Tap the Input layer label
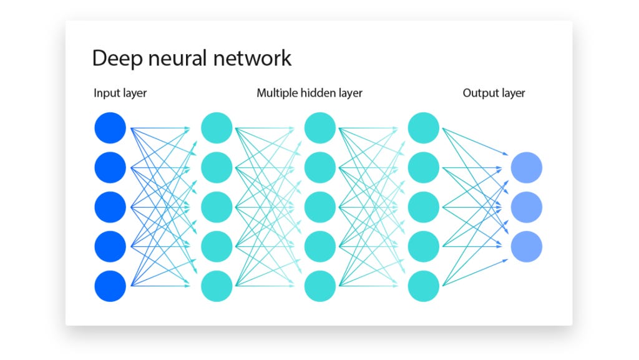pos(120,93)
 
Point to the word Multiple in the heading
pos(278,93)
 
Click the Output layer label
pos(494,93)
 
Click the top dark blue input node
pos(110,128)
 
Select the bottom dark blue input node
pos(110,286)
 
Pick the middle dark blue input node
pos(110,207)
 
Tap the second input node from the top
pos(110,167)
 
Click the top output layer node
pos(526,167)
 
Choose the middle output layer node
pos(526,207)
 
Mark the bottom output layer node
pos(526,246)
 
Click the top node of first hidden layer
pos(217,128)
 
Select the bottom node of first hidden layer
pos(217,286)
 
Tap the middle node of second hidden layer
pos(320,207)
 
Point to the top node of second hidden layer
pos(320,128)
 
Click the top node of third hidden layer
pos(423,128)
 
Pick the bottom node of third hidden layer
pos(423,286)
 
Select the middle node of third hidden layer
pos(423,207)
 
